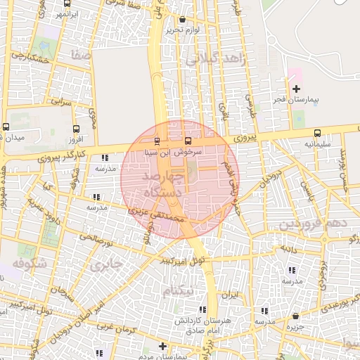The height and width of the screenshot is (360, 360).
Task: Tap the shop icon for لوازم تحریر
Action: click(x=184, y=20)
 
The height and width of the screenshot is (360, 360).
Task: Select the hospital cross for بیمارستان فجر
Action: click(x=297, y=89)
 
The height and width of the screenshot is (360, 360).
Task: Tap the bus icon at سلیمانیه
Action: click(x=317, y=133)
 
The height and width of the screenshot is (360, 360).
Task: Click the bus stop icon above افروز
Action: click(x=76, y=128)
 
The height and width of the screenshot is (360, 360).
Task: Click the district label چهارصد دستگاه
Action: click(x=163, y=183)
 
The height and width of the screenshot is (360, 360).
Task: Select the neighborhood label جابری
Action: click(x=105, y=264)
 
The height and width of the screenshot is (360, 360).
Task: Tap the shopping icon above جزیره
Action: click(x=295, y=316)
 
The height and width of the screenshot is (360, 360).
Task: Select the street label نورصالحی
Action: click(x=98, y=239)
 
